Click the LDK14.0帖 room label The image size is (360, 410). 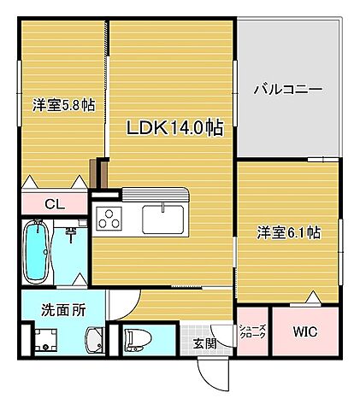175,128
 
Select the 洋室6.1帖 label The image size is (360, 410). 289,231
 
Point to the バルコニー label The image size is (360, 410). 287,89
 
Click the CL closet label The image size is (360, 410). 53,203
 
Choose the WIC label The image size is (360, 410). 305,331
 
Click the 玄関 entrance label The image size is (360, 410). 204,343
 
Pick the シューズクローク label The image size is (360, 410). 251,331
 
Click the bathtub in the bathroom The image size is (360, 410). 37,252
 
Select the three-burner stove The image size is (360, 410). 110,219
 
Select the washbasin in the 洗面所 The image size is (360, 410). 91,341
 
